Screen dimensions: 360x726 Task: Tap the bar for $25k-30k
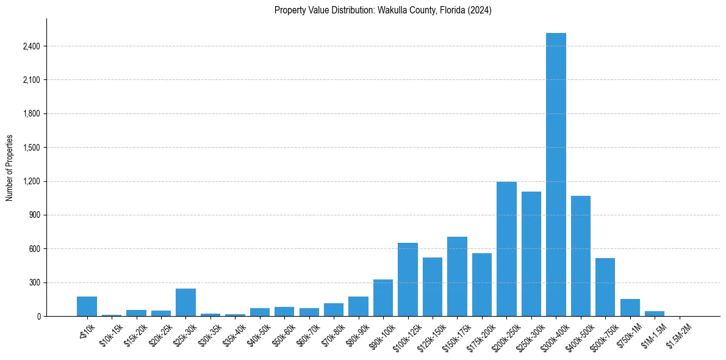pos(185,303)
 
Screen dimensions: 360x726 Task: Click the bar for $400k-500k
pos(580,256)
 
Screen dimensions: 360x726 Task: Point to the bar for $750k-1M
pos(630,308)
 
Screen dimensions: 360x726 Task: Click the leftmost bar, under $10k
pos(87,306)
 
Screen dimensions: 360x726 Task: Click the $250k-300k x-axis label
pos(530,334)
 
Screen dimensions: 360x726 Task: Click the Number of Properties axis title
pos(9,167)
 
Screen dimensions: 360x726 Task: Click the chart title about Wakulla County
pos(383,10)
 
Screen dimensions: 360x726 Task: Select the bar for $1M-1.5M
pos(655,314)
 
